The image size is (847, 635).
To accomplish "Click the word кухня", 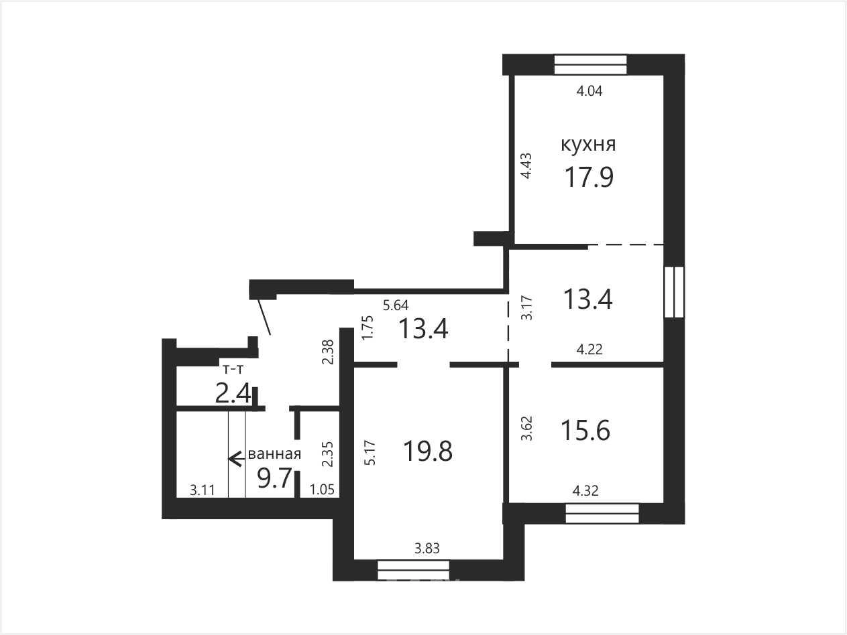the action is point(588,145).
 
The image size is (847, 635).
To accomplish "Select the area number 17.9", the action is point(589,178).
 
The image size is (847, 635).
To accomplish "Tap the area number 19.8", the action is point(428,451).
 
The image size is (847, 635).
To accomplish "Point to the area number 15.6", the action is point(585,431).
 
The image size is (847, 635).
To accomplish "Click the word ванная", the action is point(274,454).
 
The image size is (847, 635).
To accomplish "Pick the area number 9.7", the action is point(274,479).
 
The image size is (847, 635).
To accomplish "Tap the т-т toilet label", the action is point(233,370).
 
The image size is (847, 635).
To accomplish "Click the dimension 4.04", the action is point(589,91).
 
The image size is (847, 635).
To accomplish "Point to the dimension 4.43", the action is point(526,165).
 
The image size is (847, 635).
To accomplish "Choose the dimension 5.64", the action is point(396,305).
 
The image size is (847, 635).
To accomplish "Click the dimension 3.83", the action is point(427,548).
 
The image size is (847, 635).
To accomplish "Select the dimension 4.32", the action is point(585,490).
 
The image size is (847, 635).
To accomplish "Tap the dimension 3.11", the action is point(203,490).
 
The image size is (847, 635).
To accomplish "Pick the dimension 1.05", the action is point(322,490).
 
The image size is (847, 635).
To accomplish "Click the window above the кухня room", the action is point(591,64).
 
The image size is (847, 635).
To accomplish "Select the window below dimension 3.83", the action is point(413,570).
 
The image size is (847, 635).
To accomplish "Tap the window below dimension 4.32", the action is point(602,514).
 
